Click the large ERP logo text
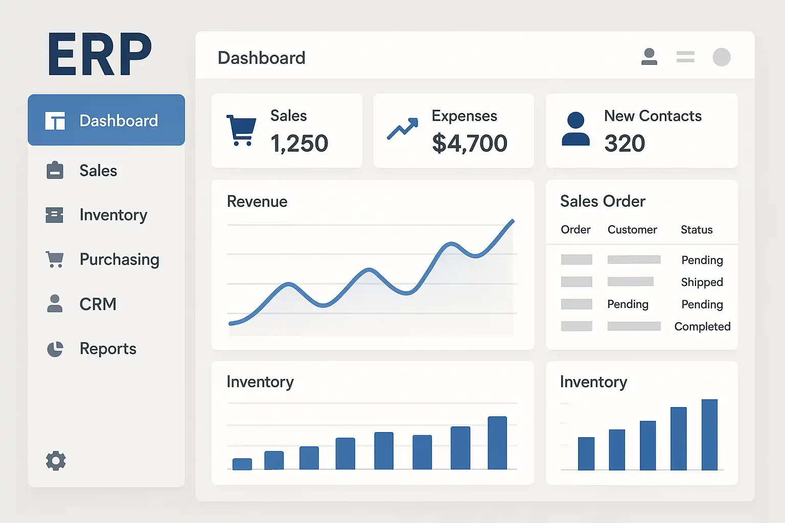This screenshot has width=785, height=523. coord(100,54)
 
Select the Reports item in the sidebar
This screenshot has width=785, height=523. coord(107,349)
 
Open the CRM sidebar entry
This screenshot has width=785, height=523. coord(98,304)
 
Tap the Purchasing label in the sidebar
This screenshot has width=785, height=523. coord(119,259)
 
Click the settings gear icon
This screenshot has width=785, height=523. coord(56,461)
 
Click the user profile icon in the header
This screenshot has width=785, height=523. coord(649,57)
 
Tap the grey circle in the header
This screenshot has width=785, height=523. coord(721,57)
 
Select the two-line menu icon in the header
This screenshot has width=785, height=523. coord(685,57)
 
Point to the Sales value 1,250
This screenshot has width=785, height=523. coord(299,143)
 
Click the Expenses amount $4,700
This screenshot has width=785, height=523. coord(469,143)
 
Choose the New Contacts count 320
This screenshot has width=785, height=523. coord(625,143)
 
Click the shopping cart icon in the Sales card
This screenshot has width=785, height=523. coord(241,130)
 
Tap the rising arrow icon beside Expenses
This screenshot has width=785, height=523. coord(402,129)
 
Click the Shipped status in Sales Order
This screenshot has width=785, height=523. coord(702,282)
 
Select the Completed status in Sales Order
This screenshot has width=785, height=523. coord(702,326)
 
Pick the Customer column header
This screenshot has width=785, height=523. coord(632,230)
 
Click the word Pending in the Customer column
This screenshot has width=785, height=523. coord(628,304)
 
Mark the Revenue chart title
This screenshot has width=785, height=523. coord(257,202)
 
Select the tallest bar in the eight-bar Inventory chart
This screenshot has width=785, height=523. coord(497,443)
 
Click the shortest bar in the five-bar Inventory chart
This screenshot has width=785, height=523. coord(586,454)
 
